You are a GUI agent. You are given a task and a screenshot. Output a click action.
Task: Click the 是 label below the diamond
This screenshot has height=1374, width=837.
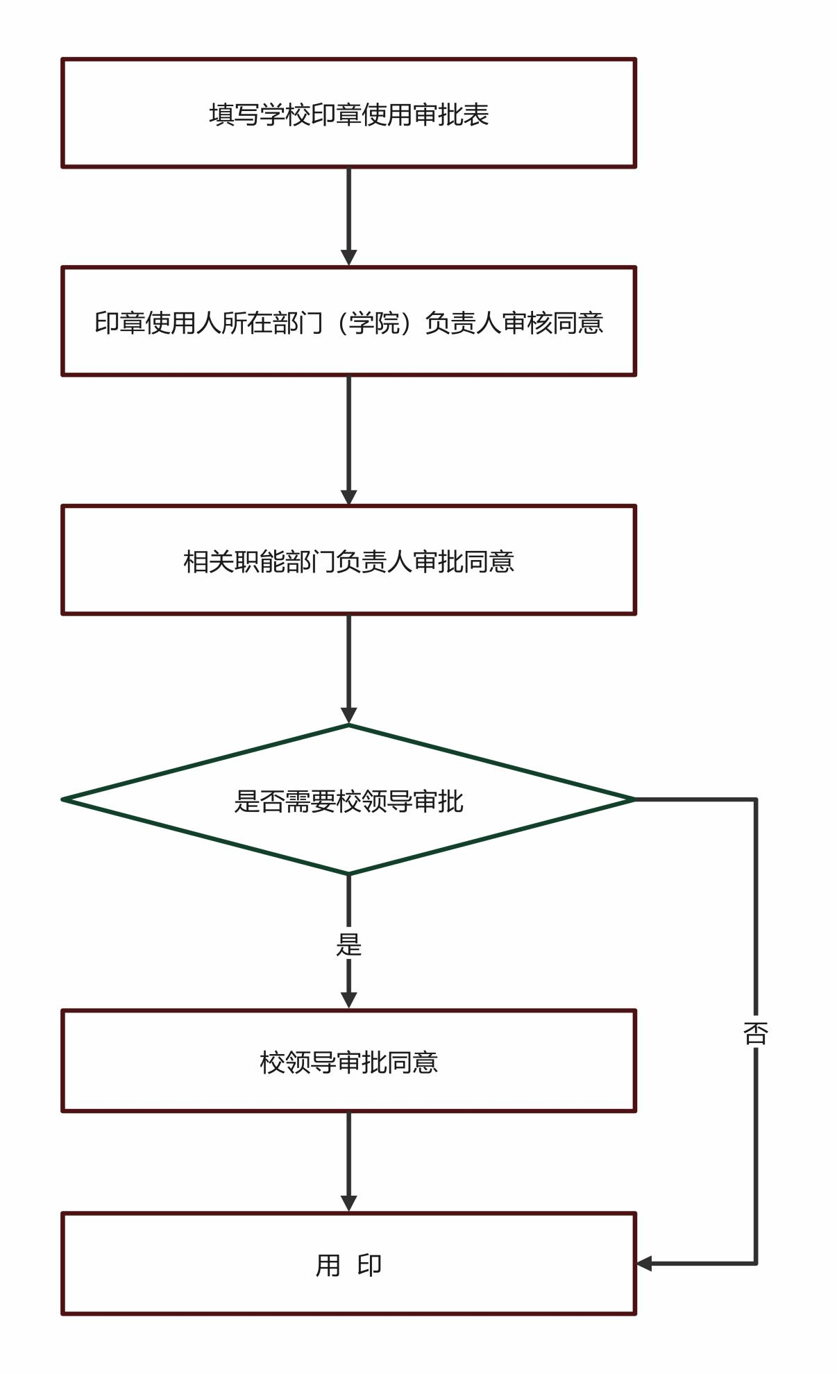tap(348, 944)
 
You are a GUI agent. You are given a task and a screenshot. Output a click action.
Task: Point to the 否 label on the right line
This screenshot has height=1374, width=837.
tap(756, 1033)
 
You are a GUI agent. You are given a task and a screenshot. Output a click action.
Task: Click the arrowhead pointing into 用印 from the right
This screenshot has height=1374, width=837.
tap(644, 1264)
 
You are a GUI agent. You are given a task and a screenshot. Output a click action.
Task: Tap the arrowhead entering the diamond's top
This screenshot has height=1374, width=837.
tap(348, 715)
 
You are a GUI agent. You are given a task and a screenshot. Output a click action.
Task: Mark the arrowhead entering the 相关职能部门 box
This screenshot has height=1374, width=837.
tap(348, 497)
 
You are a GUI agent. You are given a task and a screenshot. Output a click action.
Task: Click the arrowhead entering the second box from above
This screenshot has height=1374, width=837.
tap(348, 258)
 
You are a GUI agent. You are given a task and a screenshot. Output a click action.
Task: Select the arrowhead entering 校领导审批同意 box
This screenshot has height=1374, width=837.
tap(348, 1001)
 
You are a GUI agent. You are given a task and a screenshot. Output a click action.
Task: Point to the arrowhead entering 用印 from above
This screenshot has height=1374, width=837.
tap(348, 1204)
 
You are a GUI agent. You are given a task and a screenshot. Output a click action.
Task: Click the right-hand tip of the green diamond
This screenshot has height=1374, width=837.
tap(635, 799)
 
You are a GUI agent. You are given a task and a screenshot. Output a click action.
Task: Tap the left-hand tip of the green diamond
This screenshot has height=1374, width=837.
tap(62, 799)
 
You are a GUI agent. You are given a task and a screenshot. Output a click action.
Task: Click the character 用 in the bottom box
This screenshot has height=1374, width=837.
tap(328, 1265)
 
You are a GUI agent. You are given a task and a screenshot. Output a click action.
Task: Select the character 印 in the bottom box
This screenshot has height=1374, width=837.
tap(369, 1265)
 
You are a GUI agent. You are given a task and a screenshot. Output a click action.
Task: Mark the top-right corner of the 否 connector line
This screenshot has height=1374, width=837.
tap(756, 799)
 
